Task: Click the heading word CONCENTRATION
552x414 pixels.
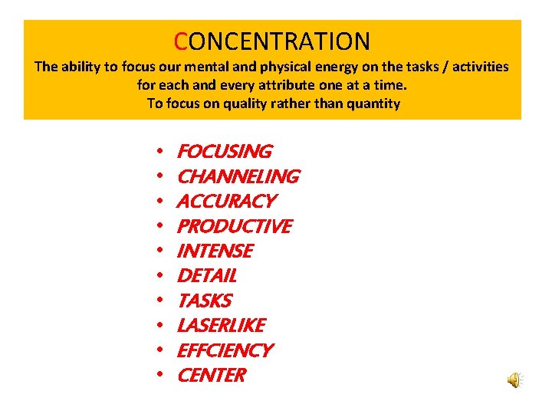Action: tap(272, 41)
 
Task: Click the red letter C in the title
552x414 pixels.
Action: tap(181, 41)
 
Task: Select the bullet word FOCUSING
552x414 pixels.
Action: tap(224, 152)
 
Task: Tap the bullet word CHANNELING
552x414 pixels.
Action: tap(238, 176)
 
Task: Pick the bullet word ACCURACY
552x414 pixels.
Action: tap(226, 201)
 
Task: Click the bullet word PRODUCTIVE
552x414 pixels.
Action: tap(234, 226)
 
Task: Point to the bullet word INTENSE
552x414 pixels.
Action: tap(215, 251)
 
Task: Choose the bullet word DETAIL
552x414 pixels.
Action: tap(206, 275)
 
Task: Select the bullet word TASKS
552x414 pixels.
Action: tap(204, 301)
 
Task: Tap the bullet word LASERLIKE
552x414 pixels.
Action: tap(221, 325)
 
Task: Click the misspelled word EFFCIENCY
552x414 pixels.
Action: tap(225, 350)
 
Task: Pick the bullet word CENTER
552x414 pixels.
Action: tap(212, 375)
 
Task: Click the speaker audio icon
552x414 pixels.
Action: tap(515, 379)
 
